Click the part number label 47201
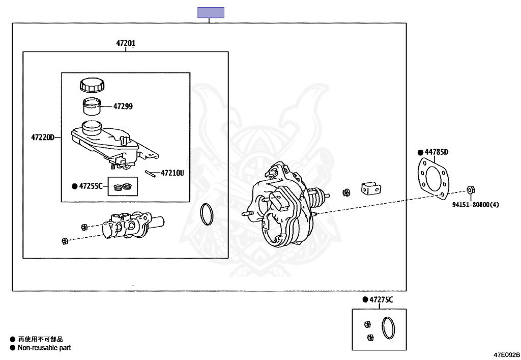coord(126,43)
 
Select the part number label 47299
coord(123,106)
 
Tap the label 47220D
coord(43,137)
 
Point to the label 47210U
coord(172,173)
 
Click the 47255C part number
coord(91,186)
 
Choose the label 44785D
coord(436,152)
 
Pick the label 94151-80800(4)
coord(476,204)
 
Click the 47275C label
coord(381,300)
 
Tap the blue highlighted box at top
coord(211,13)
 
